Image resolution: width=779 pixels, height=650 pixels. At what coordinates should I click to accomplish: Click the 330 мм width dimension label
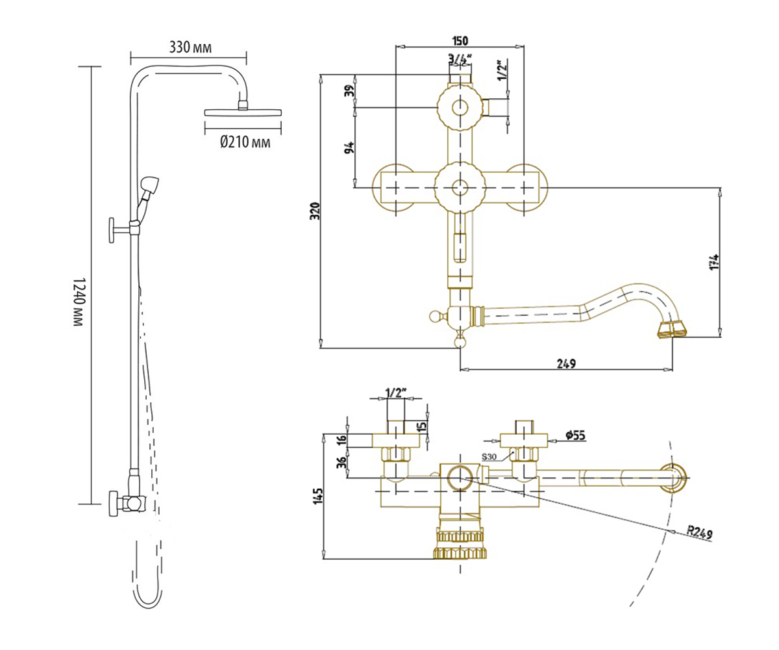coord(190,47)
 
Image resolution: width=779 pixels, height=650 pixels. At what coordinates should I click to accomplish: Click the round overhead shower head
coord(243,112)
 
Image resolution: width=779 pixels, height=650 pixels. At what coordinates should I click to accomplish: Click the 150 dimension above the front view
coord(462,40)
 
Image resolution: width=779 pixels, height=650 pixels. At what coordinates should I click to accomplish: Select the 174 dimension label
coord(713,262)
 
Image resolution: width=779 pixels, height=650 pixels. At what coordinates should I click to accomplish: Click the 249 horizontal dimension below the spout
coord(566,364)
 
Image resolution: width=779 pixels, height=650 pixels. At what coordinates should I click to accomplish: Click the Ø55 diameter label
coord(575,435)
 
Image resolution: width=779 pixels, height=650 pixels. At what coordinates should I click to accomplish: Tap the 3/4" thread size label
coord(460,58)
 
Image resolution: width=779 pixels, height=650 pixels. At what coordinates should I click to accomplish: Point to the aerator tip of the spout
coord(671,329)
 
